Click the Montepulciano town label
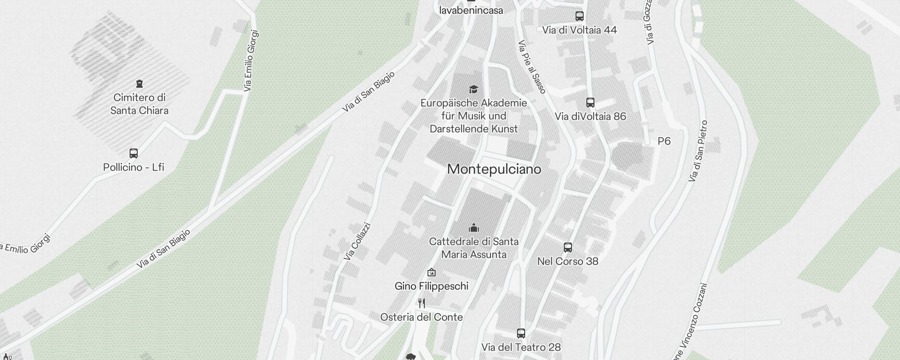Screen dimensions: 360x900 (494, 170)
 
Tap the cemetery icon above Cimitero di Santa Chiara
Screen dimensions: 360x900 (139, 84)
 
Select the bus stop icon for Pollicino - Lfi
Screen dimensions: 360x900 (134, 153)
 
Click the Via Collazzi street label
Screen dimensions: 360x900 (357, 242)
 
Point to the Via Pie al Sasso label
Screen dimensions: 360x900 (532, 67)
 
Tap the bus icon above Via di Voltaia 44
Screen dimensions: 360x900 (580, 16)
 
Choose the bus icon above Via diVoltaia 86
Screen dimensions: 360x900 (590, 103)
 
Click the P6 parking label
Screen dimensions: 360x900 (664, 141)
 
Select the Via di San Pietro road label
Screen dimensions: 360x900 (698, 151)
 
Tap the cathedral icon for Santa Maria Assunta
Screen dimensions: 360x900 (473, 227)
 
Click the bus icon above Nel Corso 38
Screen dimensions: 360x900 (568, 247)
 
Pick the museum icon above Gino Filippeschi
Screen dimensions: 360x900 (432, 272)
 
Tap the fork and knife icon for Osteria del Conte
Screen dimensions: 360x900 (422, 303)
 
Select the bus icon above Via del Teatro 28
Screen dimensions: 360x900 (521, 333)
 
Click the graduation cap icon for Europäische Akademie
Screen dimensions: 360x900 (473, 89)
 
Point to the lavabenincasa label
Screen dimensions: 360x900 (471, 10)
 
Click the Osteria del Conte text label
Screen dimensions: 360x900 (422, 317)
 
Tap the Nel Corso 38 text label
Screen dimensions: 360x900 (568, 261)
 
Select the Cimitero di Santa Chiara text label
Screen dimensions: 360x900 (139, 104)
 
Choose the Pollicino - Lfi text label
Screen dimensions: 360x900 (134, 167)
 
